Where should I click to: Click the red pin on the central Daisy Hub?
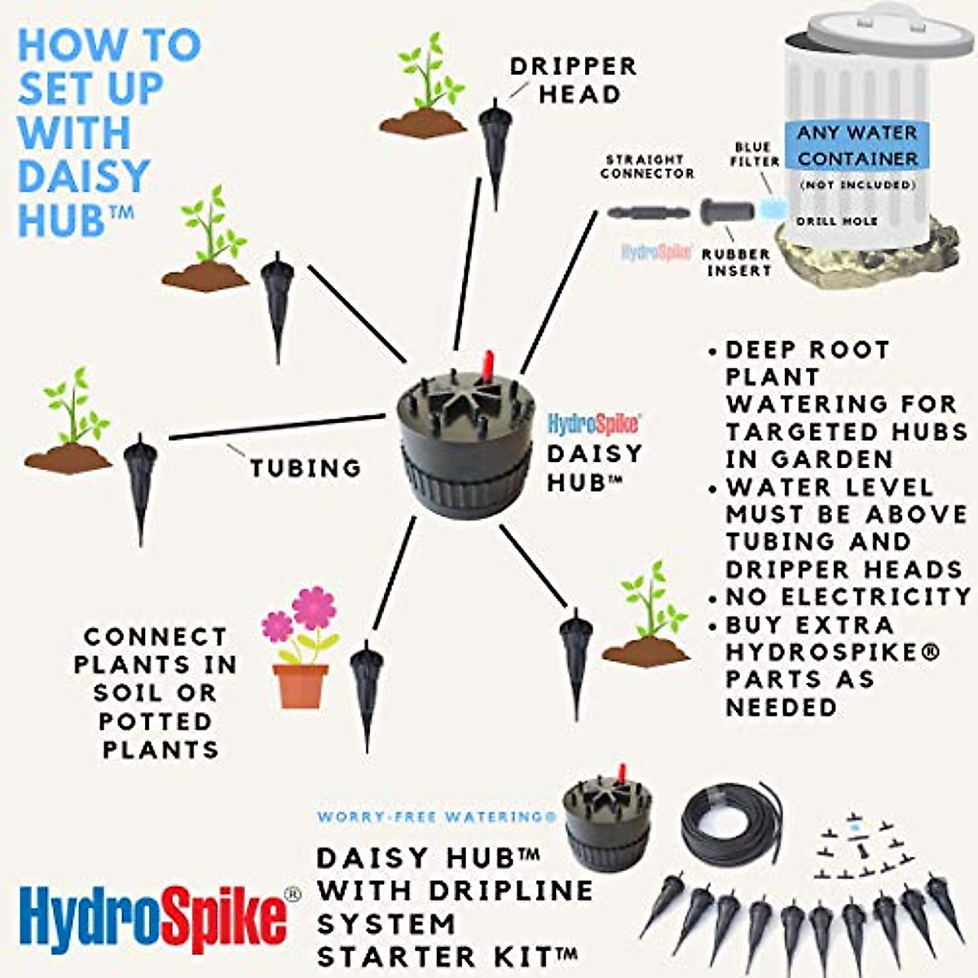[487, 366]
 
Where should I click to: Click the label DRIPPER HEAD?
[573, 80]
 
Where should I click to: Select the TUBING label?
[306, 468]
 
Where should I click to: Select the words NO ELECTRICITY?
[848, 597]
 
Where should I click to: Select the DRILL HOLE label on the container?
[837, 221]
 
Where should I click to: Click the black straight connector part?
[648, 214]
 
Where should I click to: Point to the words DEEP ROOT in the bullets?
[807, 350]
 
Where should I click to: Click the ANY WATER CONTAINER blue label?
[857, 145]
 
